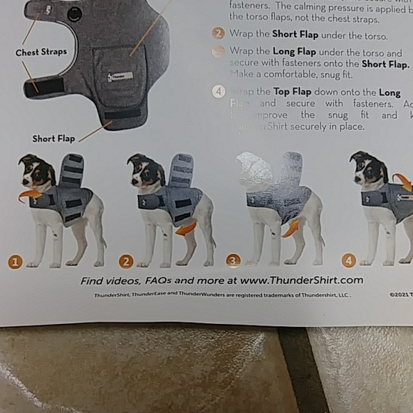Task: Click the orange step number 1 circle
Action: click(x=15, y=261)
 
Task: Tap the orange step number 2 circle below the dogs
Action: click(x=126, y=261)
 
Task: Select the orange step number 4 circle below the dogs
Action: click(x=349, y=261)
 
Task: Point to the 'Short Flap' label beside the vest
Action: click(x=53, y=138)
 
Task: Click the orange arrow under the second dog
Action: click(x=186, y=228)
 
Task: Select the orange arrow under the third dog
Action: click(x=291, y=229)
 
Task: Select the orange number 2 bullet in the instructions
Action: click(x=219, y=33)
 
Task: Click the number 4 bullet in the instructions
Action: click(x=219, y=92)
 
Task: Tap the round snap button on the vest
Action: click(x=73, y=14)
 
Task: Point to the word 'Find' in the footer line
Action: click(x=93, y=281)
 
